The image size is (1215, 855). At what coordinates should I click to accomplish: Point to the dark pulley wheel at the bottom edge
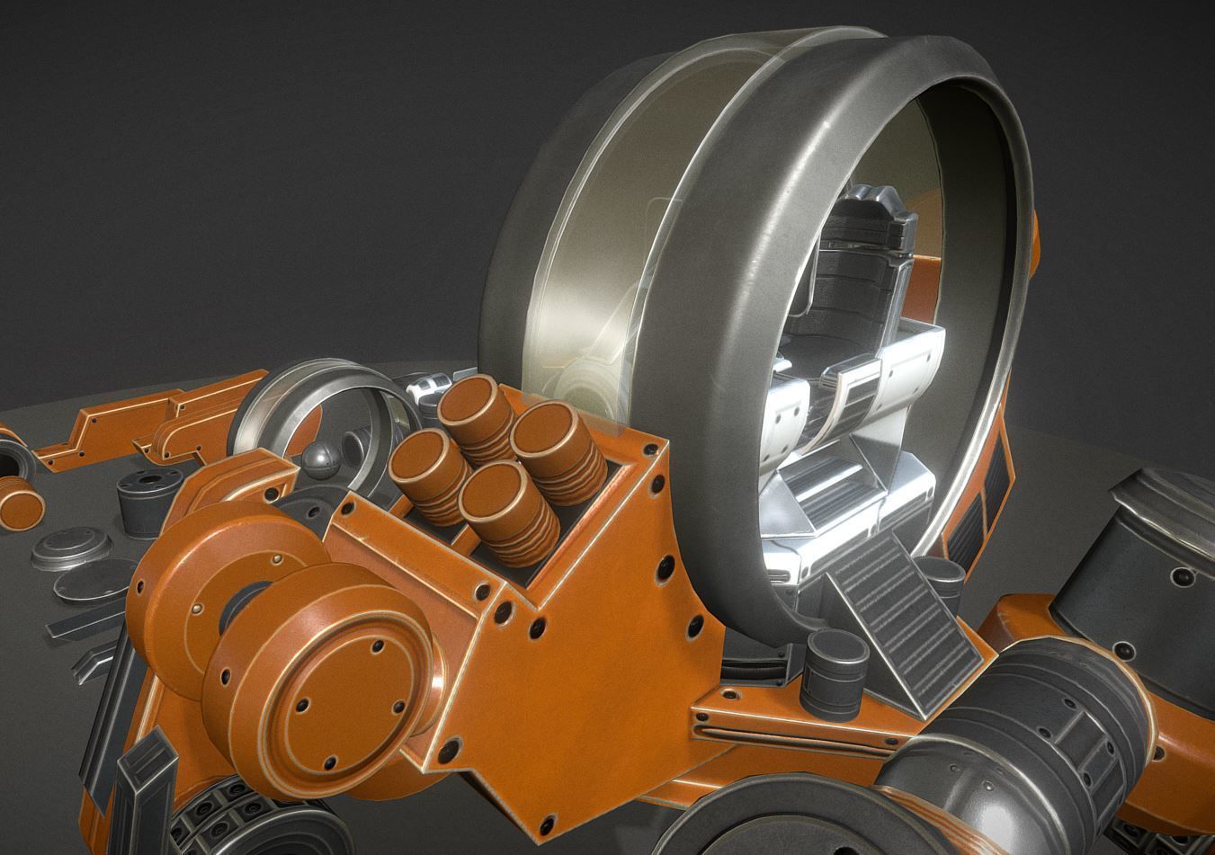point(791,818)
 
